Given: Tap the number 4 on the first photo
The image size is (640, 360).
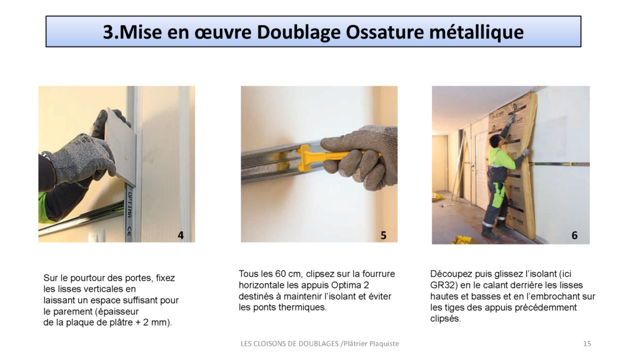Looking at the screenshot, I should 181,235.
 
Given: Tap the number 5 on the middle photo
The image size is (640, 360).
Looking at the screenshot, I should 383,235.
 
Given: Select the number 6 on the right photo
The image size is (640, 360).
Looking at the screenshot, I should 574,235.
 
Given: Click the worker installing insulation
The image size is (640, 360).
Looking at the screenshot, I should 500,178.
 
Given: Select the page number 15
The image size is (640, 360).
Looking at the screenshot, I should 587,344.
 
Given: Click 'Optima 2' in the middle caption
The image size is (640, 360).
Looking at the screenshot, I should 377,285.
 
